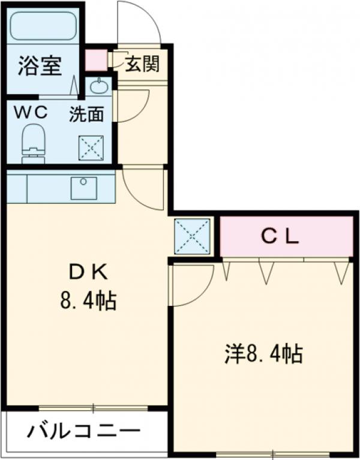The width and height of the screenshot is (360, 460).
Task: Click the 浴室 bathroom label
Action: (x=40, y=65)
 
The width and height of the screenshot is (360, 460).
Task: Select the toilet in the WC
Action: (x=34, y=142)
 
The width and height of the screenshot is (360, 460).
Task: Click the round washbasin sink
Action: (x=99, y=87)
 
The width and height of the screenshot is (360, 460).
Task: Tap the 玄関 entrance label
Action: (x=142, y=64)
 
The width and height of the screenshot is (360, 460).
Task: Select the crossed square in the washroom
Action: (x=92, y=147)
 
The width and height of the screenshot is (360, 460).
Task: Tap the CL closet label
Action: (x=280, y=237)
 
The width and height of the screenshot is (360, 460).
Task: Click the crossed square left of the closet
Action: (x=192, y=236)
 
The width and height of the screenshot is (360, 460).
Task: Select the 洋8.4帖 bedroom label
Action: (x=263, y=354)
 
